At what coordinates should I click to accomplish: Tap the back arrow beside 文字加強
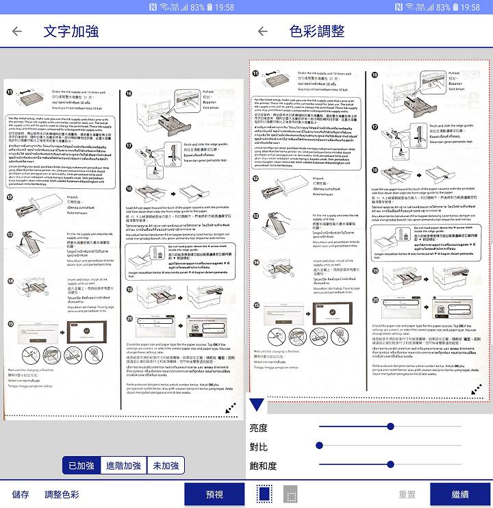coord(17,31)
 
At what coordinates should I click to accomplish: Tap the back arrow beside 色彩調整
coord(263,31)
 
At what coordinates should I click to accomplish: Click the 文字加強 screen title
coord(71,31)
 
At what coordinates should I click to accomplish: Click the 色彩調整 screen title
coord(317,31)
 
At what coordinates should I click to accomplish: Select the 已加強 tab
coord(81,466)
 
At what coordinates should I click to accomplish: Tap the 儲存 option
coord(21,494)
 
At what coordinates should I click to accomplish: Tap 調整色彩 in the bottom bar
coord(62,494)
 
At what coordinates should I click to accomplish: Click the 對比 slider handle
coord(319,446)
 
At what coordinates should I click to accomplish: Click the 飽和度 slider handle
coord(390,465)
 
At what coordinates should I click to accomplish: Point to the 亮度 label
coord(259,428)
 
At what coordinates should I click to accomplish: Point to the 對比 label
coord(259,447)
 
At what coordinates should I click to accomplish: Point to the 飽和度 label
coord(263,466)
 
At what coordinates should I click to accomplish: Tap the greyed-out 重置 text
coord(407,494)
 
